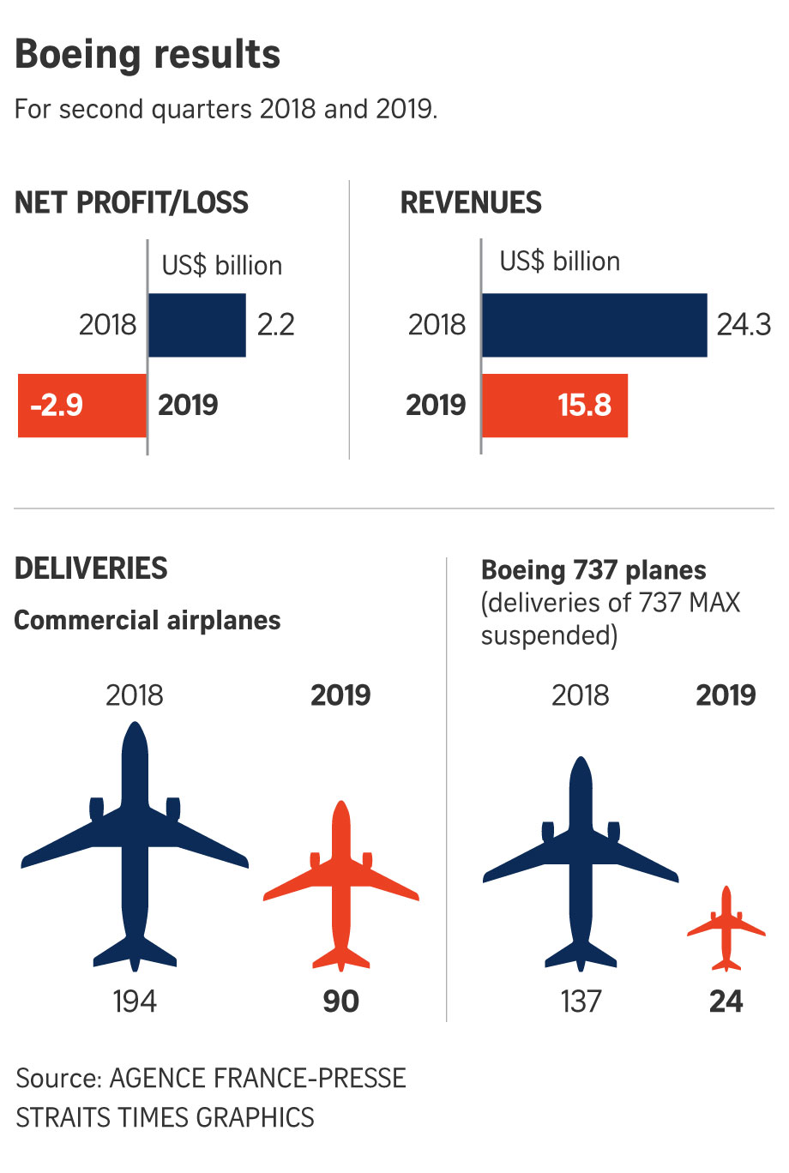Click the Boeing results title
coord(148,54)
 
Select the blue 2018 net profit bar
coord(197,325)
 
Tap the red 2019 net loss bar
coord(82,406)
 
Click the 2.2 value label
coord(276,325)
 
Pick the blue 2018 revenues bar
coord(594,325)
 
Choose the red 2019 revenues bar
coord(555,406)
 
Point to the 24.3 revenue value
coord(744,325)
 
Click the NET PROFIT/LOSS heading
coord(131,203)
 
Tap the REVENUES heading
coord(471,203)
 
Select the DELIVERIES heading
coord(91,568)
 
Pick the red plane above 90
coord(341,887)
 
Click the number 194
coord(135,1002)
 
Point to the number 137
coord(581,1002)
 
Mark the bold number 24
coord(726,1002)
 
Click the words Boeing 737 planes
coord(593,570)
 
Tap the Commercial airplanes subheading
coord(148,620)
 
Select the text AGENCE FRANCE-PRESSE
coord(258,1078)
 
